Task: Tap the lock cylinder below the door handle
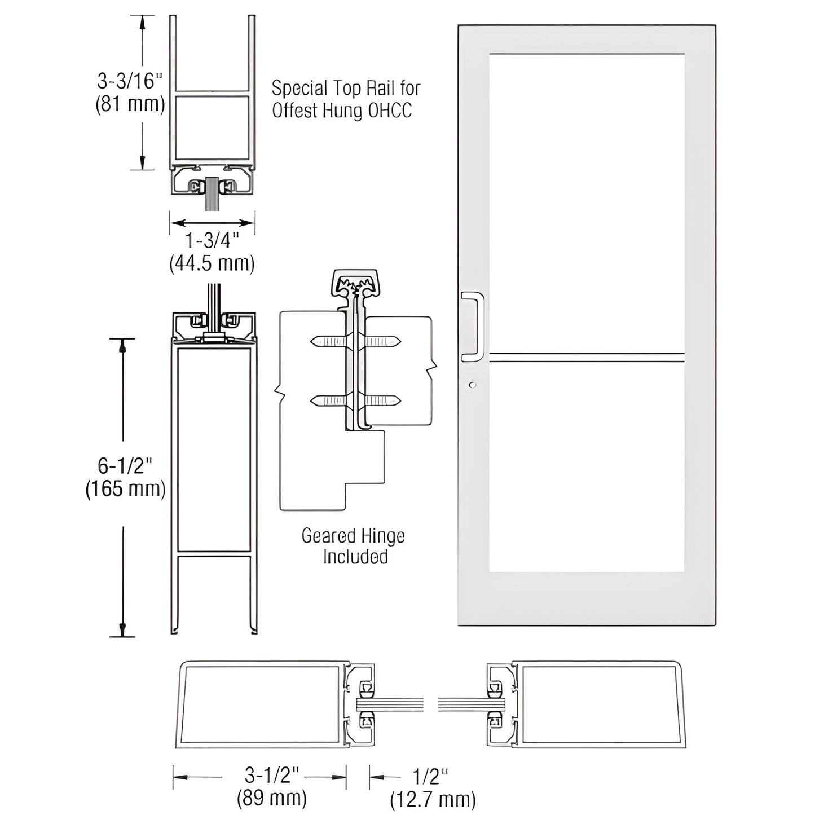472,385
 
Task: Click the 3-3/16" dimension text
129,81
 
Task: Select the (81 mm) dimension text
130,104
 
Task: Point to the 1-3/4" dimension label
212,241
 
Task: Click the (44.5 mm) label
212,263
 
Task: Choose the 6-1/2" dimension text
125,466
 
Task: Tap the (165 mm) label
125,488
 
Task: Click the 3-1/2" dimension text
271,776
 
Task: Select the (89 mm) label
271,798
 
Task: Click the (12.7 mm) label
433,799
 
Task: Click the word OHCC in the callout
390,111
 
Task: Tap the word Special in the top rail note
299,89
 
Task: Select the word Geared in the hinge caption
329,536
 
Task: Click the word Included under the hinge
355,557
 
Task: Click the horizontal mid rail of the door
587,356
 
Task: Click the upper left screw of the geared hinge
327,341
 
